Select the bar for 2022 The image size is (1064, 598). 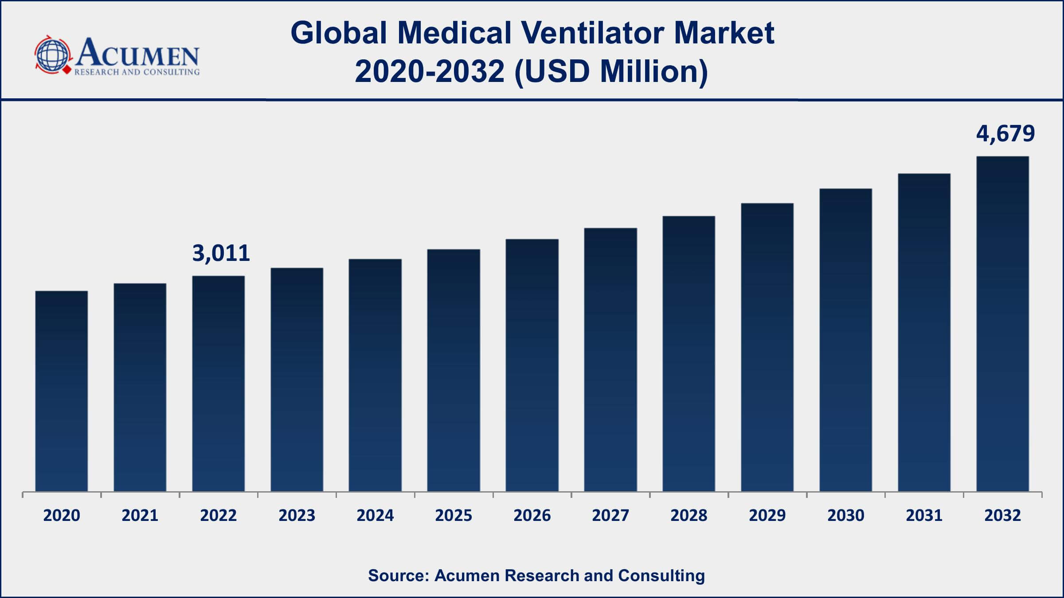(219, 384)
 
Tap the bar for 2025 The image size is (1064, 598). (454, 370)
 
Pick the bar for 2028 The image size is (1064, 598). (689, 354)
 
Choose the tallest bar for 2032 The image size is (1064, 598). (1003, 324)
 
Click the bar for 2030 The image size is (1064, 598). (846, 340)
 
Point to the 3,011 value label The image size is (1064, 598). (221, 253)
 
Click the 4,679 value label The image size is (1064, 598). (1005, 133)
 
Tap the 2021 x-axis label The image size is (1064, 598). (140, 516)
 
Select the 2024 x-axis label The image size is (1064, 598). (375, 516)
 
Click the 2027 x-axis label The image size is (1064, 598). (610, 516)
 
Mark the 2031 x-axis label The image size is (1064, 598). (924, 516)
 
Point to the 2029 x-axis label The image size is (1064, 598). (767, 516)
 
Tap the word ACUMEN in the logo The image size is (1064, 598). (137, 53)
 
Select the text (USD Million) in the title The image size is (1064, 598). (611, 72)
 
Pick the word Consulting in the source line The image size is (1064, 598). (661, 575)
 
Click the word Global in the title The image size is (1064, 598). (339, 33)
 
